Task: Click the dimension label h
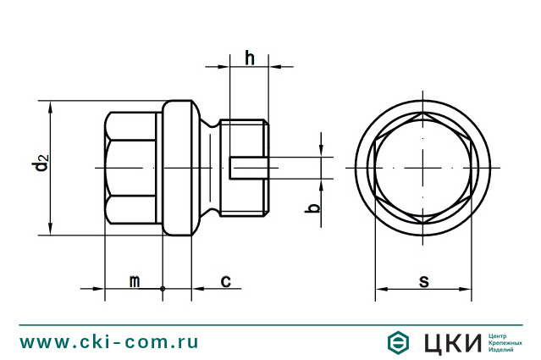(250, 58)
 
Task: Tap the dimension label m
(134, 280)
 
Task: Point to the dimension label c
(226, 280)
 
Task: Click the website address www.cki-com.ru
(109, 342)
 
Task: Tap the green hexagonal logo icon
(397, 342)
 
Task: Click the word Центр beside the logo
(501, 335)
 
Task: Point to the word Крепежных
(508, 342)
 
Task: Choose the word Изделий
(504, 350)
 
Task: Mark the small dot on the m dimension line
(163, 289)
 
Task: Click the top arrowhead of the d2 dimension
(52, 106)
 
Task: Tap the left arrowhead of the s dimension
(379, 289)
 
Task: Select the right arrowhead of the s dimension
(467, 289)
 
